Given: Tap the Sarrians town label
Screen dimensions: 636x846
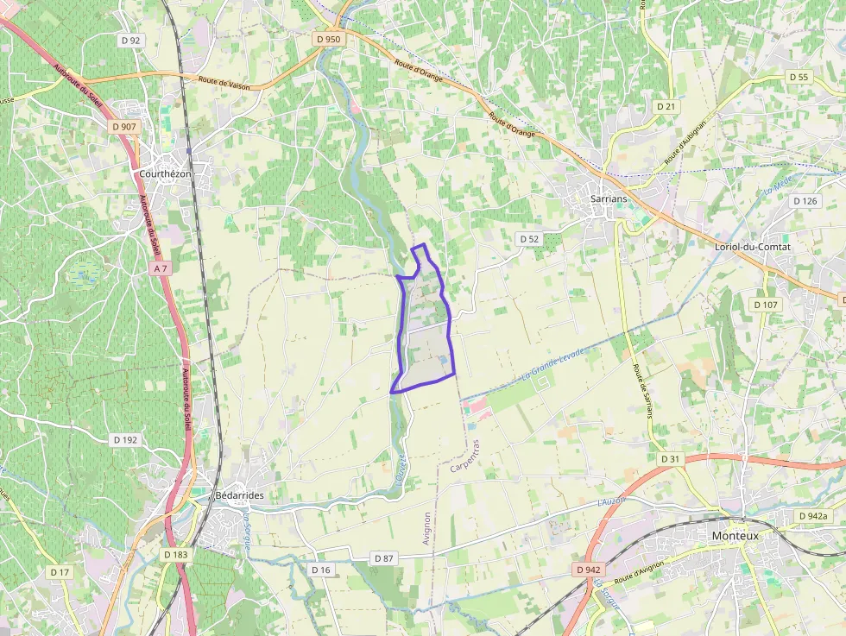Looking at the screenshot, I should (x=590, y=198).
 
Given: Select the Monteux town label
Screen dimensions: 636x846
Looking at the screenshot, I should (x=735, y=535).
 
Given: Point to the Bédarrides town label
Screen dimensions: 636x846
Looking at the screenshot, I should (x=237, y=495).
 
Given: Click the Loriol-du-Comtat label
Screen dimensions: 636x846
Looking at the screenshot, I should (x=753, y=246).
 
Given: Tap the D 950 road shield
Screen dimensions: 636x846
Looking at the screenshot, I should (x=329, y=39).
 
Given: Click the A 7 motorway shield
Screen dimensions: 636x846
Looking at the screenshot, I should (x=160, y=268).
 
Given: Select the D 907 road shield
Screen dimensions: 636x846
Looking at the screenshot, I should (x=124, y=127).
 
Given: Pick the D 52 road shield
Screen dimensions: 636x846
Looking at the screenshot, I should (x=528, y=238).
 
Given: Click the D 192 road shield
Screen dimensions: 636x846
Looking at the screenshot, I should (x=125, y=439).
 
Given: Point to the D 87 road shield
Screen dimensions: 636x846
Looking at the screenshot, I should (x=384, y=558).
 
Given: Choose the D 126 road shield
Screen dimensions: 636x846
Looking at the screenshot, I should (x=804, y=201).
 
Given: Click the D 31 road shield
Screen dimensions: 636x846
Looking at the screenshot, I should (x=671, y=458).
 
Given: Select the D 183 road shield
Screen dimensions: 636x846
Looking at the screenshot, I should (x=175, y=555).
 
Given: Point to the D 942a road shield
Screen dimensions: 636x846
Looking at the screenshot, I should (x=811, y=516).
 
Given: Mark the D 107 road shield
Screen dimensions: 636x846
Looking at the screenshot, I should (x=765, y=305).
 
